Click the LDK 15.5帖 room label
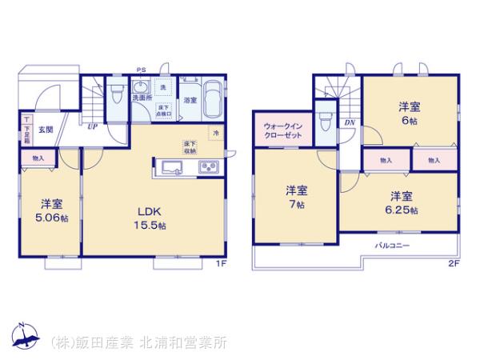click(x=150, y=218)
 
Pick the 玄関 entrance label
click(x=46, y=129)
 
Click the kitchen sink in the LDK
click(x=174, y=166)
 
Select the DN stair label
click(x=350, y=122)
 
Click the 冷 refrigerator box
click(x=216, y=132)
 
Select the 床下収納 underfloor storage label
click(x=190, y=146)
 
